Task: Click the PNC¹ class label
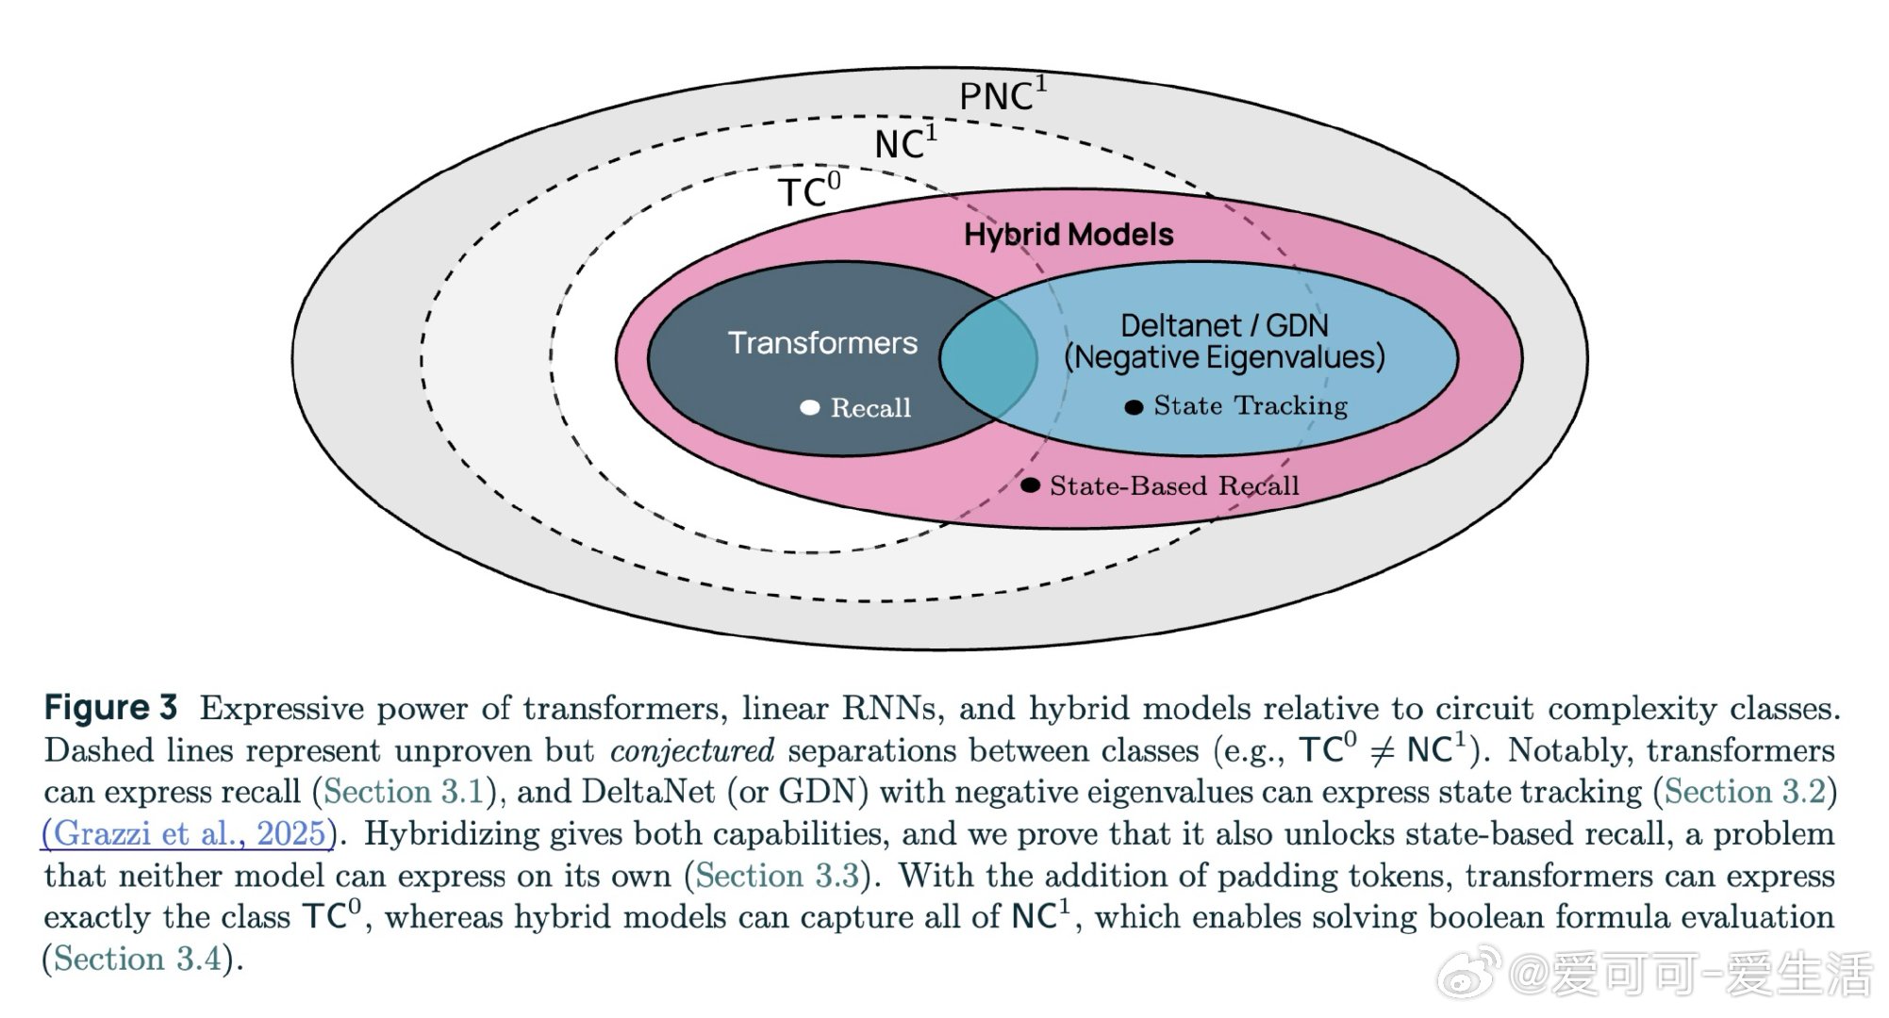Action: click(1002, 95)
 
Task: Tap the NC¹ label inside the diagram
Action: click(904, 143)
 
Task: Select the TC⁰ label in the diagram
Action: click(808, 191)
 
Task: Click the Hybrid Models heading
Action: click(1068, 235)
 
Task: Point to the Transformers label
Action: click(821, 342)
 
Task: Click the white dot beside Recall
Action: click(809, 407)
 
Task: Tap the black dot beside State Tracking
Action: click(1134, 407)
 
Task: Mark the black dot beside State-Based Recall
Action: click(1030, 485)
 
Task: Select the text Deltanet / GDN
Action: click(1223, 325)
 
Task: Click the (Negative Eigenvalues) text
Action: click(1224, 357)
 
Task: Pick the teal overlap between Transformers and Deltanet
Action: click(987, 358)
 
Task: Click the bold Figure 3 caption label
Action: click(110, 707)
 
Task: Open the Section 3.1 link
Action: click(403, 792)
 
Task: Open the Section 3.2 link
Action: click(1746, 792)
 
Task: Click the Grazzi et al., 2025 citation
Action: click(189, 833)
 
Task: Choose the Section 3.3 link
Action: click(777, 876)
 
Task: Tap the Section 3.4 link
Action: click(137, 959)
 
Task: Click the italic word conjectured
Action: click(691, 750)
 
